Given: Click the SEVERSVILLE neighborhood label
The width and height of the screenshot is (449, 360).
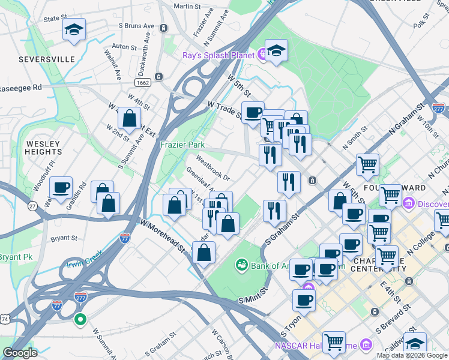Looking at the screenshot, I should point(46,59).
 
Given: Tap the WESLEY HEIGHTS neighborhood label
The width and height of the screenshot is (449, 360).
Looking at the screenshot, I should point(43,148).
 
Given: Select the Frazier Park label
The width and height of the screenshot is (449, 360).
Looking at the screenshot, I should point(182,145).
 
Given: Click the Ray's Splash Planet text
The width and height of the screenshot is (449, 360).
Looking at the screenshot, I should point(220,55).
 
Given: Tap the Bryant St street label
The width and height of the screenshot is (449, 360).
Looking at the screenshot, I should point(64,238).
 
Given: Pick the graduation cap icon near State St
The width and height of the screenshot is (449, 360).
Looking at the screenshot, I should point(74,30).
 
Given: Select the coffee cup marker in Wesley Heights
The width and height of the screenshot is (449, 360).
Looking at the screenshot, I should point(61,188).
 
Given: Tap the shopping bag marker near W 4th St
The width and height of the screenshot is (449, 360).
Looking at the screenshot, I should point(129,118).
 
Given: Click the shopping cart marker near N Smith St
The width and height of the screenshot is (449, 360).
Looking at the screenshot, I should point(367,164).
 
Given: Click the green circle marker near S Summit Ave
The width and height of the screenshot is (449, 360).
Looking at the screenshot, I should point(80,319).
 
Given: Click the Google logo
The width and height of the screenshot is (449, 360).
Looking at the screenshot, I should point(20,353).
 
